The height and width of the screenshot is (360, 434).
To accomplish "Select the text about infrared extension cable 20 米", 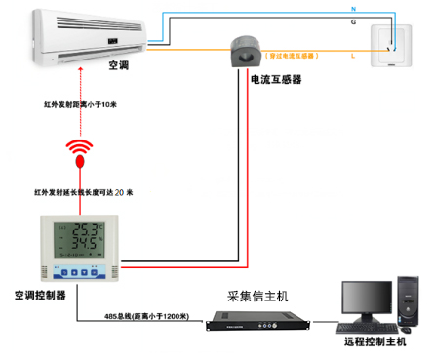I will tap(82, 192).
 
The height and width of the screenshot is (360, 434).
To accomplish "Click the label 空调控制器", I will tap(39, 294).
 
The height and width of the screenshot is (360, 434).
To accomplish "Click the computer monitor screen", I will tap(365, 299).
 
